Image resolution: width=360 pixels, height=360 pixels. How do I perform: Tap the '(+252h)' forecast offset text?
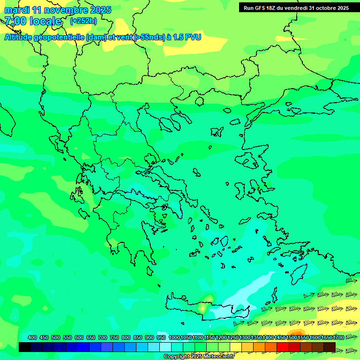pos(83,21)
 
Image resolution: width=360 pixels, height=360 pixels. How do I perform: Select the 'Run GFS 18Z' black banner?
pos(296,7)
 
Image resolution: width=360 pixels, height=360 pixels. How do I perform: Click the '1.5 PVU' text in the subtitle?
pos(187,37)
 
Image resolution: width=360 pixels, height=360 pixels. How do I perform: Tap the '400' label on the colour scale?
pos(32,337)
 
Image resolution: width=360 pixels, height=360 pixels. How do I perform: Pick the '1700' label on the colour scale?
pos(338,337)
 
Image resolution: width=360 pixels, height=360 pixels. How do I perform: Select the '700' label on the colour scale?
pos(103,337)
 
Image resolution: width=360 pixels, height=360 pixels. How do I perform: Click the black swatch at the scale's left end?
pos(25,347)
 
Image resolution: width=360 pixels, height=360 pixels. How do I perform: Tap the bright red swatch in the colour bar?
pos(283,347)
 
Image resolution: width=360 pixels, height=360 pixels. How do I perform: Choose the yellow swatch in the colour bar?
pos(236,347)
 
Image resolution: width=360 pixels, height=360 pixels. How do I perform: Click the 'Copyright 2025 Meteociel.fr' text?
pos(199,357)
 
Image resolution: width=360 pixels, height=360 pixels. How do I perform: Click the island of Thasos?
pos(199,101)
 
